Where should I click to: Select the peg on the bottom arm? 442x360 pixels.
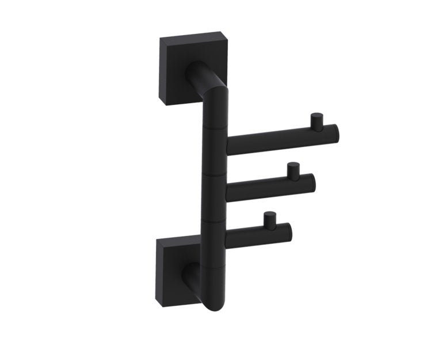tap(269, 219)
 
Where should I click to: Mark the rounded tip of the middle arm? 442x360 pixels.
tap(310, 183)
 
